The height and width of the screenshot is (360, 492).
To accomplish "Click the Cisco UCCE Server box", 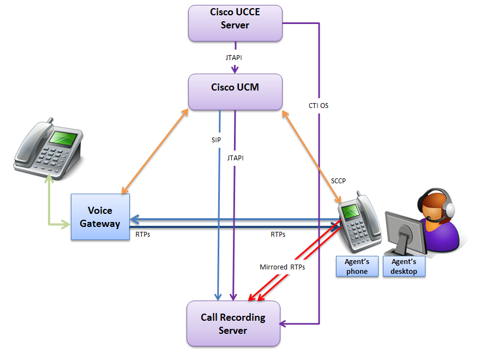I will [x=235, y=23].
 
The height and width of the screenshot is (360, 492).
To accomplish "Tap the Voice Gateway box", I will [x=100, y=217].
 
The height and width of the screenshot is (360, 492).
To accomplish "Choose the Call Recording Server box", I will [x=233, y=323].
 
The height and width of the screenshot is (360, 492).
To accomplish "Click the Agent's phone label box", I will [x=357, y=267].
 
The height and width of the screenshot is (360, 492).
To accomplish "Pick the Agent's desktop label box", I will [x=404, y=267].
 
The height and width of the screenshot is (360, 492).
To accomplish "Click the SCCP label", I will [x=338, y=181].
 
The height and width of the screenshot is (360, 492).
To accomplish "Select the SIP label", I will [x=216, y=140].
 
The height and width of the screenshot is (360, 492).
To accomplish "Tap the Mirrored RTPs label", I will [x=282, y=267].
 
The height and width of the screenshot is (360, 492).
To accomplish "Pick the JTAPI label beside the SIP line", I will [x=235, y=158].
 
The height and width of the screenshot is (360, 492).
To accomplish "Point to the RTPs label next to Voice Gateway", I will [x=143, y=235].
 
